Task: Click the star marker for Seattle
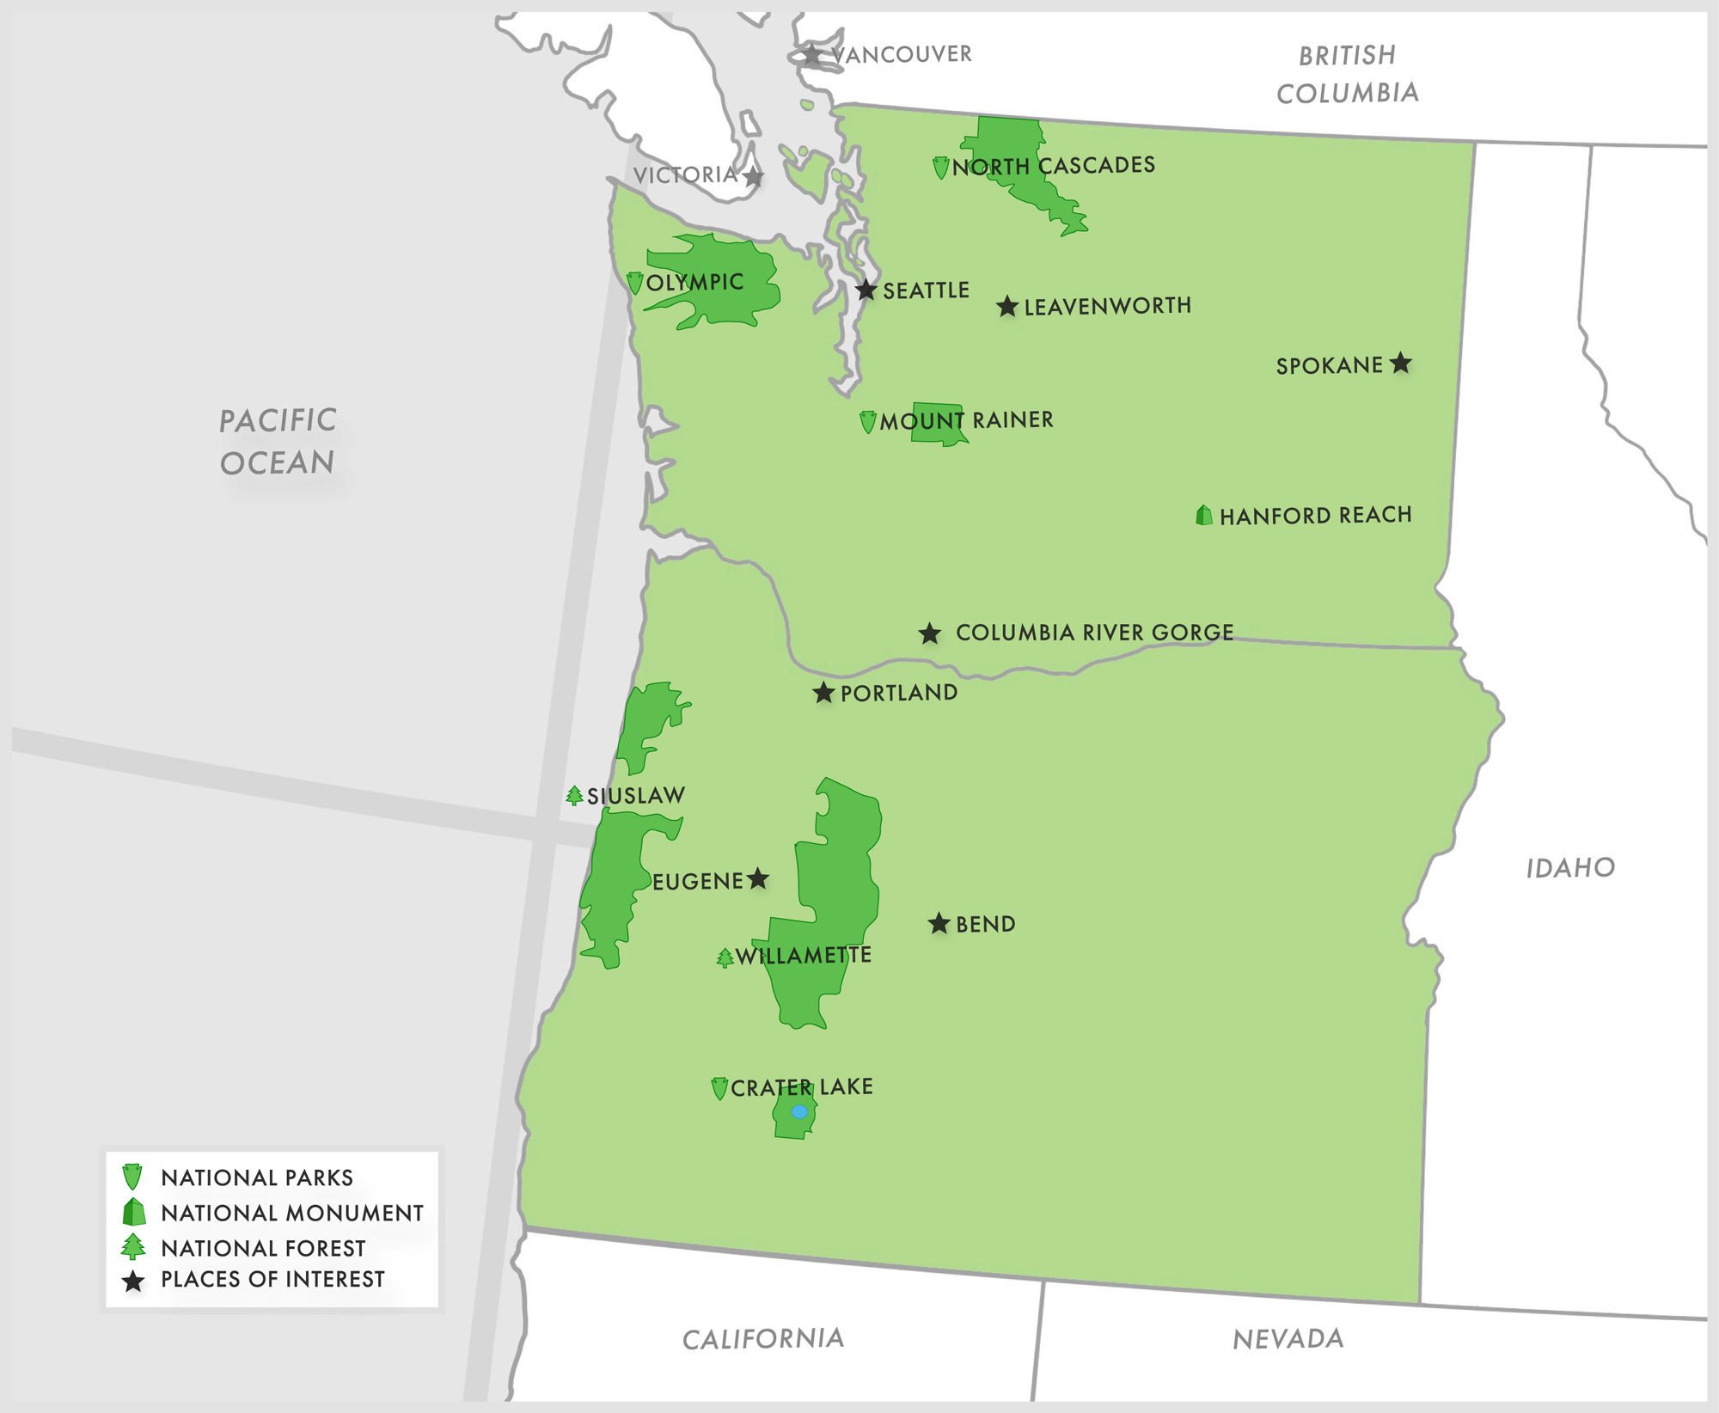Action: click(866, 291)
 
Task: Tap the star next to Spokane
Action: click(1401, 363)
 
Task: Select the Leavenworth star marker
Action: click(1007, 307)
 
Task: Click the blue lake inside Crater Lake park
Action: click(799, 1112)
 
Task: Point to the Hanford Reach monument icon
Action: click(1204, 515)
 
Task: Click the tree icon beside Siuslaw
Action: click(574, 796)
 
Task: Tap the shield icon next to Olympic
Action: click(635, 283)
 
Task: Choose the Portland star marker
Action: click(823, 693)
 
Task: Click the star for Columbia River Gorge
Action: click(929, 634)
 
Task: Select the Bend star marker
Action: click(939, 924)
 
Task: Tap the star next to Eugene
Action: click(757, 878)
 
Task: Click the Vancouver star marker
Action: click(811, 55)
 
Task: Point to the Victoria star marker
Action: click(753, 177)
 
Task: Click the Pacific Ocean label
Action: click(277, 442)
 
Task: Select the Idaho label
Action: click(1570, 868)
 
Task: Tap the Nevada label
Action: click(1288, 1339)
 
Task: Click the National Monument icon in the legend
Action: click(134, 1213)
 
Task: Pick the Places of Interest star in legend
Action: click(133, 1281)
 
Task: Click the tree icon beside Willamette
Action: click(725, 957)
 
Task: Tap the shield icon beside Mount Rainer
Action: click(868, 422)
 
